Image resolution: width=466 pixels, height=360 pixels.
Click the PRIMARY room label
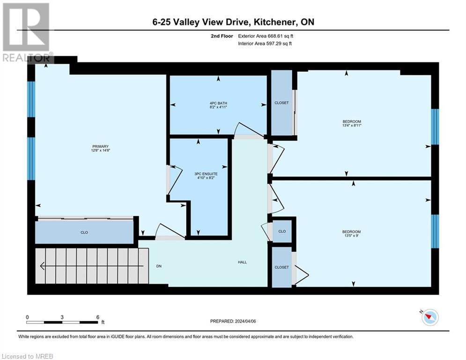(x=100, y=146)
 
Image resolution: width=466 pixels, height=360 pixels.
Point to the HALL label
(x=242, y=262)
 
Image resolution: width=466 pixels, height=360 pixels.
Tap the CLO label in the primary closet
(x=84, y=232)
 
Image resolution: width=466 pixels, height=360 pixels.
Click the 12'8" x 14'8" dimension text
(x=100, y=151)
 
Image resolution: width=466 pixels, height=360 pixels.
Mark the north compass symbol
(x=429, y=317)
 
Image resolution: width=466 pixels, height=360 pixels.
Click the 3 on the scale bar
(x=62, y=317)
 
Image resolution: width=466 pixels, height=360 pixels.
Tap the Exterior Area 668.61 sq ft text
(x=266, y=36)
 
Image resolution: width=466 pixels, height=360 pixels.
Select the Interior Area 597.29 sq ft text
(x=266, y=44)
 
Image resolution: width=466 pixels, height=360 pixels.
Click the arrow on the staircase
(x=43, y=266)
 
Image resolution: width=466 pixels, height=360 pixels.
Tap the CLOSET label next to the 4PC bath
(x=281, y=103)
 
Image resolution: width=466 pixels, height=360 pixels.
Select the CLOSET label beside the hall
(x=281, y=267)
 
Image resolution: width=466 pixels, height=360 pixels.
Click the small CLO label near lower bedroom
(x=282, y=232)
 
